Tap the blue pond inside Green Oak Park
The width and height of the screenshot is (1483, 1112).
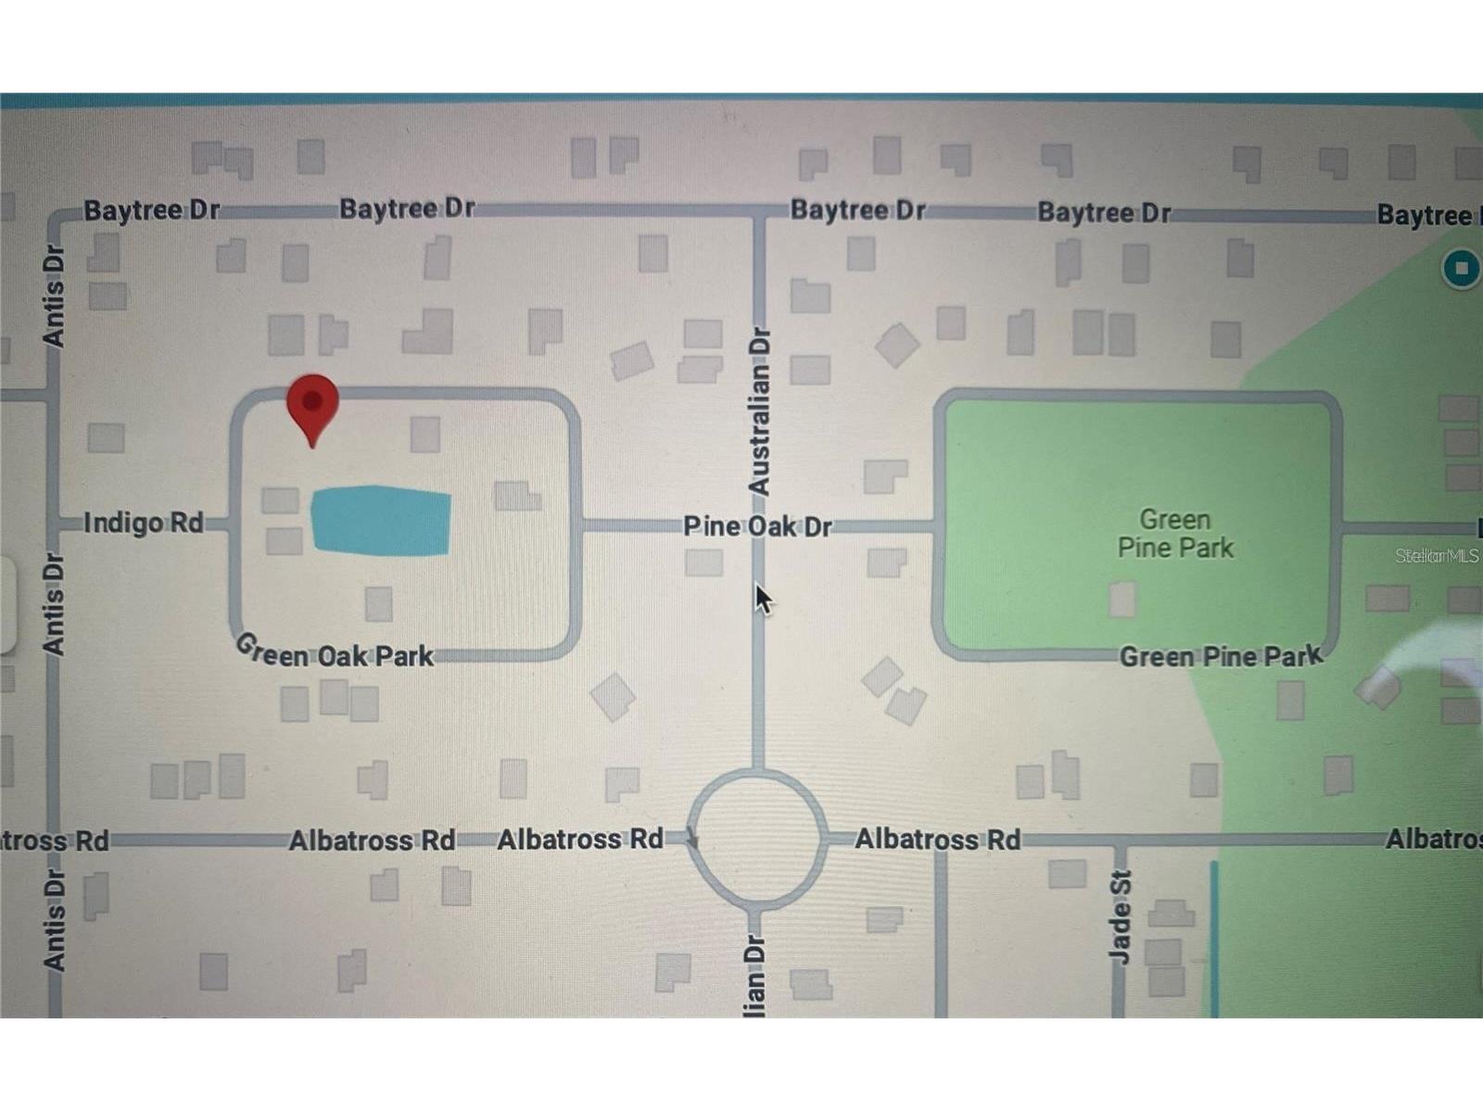pyautogui.click(x=380, y=521)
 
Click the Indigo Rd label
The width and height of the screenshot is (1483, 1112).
pyautogui.click(x=144, y=523)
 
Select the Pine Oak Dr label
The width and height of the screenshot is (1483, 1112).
pyautogui.click(x=757, y=526)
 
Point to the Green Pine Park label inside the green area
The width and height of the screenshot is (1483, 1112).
pyautogui.click(x=1175, y=534)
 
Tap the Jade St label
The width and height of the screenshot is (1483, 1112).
pyautogui.click(x=1121, y=917)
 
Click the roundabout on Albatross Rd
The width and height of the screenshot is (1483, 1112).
pyautogui.click(x=758, y=838)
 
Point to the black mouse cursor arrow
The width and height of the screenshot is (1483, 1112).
pyautogui.click(x=763, y=599)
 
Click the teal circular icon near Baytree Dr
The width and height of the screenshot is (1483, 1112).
pyautogui.click(x=1461, y=269)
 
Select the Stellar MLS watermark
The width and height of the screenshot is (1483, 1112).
pyautogui.click(x=1437, y=556)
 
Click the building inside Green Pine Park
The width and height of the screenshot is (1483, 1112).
pyautogui.click(x=1122, y=600)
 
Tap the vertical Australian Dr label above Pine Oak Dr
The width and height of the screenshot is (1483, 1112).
pyautogui.click(x=759, y=411)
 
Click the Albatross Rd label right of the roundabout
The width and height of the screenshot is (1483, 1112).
pyautogui.click(x=937, y=840)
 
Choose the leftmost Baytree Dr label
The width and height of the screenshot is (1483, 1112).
pyautogui.click(x=152, y=210)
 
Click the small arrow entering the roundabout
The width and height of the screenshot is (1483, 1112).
pyautogui.click(x=691, y=838)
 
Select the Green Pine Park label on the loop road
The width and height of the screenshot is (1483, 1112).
pyautogui.click(x=1221, y=657)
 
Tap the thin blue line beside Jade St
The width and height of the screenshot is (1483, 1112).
pyautogui.click(x=1214, y=936)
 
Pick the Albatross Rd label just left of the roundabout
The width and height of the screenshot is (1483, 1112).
pyautogui.click(x=580, y=840)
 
